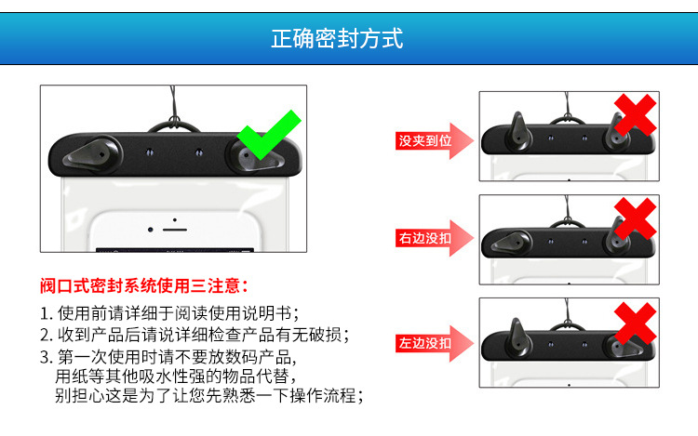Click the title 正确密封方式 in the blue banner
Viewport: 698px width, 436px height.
click(x=337, y=38)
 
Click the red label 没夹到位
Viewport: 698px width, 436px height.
click(x=425, y=141)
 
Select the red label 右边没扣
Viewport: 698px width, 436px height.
click(x=425, y=238)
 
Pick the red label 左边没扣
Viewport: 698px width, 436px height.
click(x=425, y=343)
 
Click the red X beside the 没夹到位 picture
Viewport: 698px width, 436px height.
click(x=636, y=114)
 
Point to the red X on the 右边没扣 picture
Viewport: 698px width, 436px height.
click(x=636, y=218)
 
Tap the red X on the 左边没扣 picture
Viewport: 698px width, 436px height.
click(x=636, y=324)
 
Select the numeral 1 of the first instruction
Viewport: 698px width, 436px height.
click(x=44, y=314)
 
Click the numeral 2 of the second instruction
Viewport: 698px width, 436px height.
click(x=45, y=335)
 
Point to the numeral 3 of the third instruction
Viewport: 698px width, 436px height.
click(x=45, y=357)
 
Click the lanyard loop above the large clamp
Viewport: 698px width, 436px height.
click(x=174, y=125)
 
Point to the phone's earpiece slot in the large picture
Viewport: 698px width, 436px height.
click(x=175, y=230)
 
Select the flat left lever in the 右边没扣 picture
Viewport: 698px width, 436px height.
click(x=512, y=244)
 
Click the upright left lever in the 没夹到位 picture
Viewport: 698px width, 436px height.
click(x=518, y=131)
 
